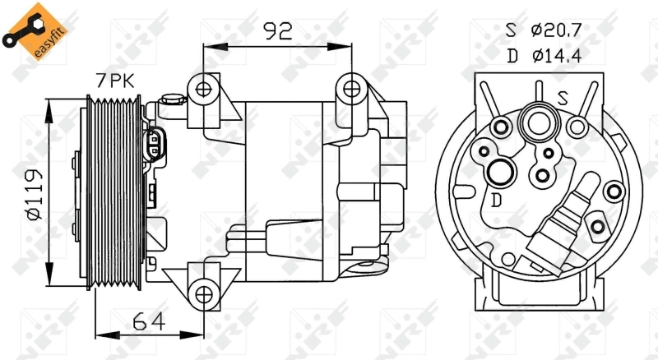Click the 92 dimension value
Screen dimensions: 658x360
coord(277,30)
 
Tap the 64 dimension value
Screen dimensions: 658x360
coord(149,322)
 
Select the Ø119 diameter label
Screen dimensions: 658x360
coord(35,195)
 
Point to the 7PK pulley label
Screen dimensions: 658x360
coord(115,81)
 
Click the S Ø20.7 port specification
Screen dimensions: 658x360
coord(544,30)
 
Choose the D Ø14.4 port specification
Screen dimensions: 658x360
coord(544,55)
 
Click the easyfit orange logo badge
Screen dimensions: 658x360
coord(35,31)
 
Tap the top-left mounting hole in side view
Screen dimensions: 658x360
coord(203,89)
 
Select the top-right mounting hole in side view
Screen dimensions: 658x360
coord(351,89)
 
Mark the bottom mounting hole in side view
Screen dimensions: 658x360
coord(203,294)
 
